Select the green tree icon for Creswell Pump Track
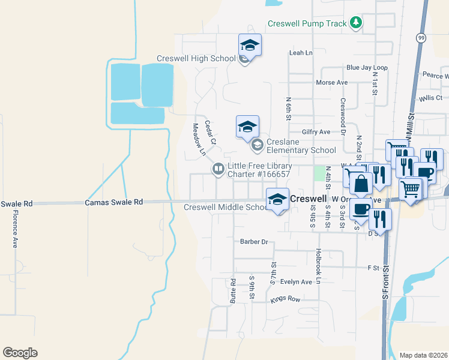point(357,23)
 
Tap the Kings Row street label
point(285,299)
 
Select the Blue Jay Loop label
point(367,68)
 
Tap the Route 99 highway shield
point(422,38)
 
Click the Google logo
point(20,353)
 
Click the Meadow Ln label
point(198,140)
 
